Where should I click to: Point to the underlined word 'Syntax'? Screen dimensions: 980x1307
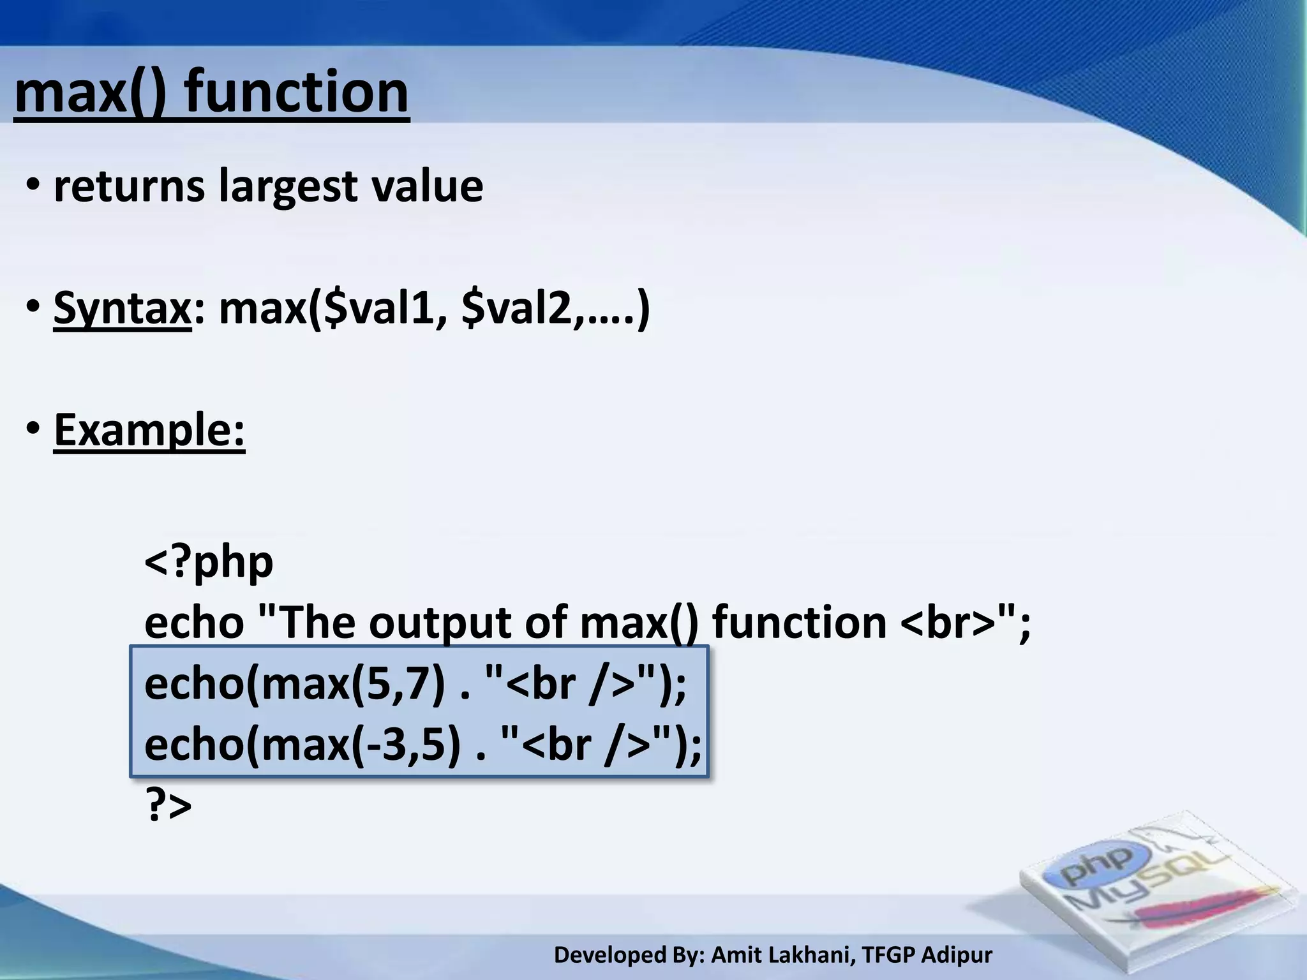coord(122,308)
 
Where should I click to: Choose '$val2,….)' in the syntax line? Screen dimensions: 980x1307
coord(555,308)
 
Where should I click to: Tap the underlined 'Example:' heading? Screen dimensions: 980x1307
coord(149,430)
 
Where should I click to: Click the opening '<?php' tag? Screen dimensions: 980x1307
coord(209,562)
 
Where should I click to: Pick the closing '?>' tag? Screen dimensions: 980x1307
coord(168,805)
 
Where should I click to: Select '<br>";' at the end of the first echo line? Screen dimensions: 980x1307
coord(966,623)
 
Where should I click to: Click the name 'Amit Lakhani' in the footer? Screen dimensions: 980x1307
coord(782,955)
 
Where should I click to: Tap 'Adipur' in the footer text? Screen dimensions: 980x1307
coord(957,955)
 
